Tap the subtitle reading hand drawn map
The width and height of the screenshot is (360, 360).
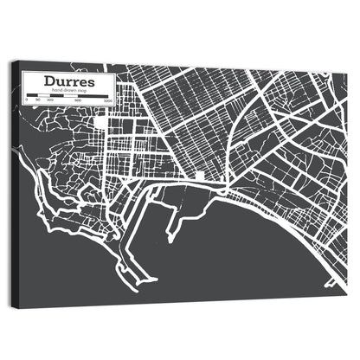tap(67, 90)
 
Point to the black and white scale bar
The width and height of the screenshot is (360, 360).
tap(67, 95)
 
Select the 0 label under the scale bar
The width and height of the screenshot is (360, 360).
tap(26, 100)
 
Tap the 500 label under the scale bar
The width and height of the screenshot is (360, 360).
tap(78, 100)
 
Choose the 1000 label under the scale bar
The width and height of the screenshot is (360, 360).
tap(107, 100)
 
